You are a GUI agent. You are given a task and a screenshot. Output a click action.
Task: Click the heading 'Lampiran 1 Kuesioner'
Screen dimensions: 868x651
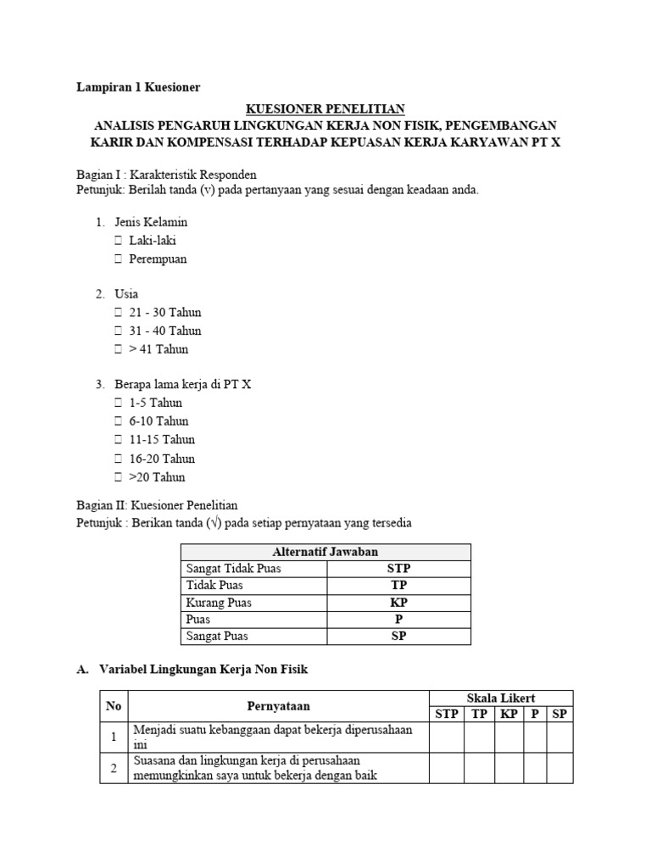pyautogui.click(x=138, y=86)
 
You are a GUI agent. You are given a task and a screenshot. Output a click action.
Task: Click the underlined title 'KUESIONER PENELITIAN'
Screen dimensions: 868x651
pyautogui.click(x=325, y=108)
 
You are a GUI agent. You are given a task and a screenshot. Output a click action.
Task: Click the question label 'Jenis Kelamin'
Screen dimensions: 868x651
pyautogui.click(x=151, y=222)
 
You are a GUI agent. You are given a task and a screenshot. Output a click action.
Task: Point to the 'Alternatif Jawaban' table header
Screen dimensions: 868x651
pyautogui.click(x=325, y=552)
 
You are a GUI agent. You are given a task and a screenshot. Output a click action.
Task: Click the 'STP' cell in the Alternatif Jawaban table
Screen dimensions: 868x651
pyautogui.click(x=398, y=569)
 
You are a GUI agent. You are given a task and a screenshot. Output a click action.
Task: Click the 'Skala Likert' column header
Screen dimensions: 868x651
pyautogui.click(x=500, y=698)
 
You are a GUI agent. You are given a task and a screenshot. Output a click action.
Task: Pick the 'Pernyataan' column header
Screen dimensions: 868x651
pyautogui.click(x=278, y=705)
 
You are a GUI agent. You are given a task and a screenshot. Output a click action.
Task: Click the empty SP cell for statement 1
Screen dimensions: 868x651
pyautogui.click(x=559, y=737)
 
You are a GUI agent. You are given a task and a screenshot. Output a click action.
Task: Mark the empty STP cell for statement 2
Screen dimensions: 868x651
pyautogui.click(x=446, y=768)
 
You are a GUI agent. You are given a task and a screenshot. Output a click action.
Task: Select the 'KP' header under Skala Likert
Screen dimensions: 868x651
pyautogui.click(x=509, y=714)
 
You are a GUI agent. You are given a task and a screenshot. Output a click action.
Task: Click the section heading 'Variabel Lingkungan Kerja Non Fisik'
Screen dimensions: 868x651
pyautogui.click(x=203, y=670)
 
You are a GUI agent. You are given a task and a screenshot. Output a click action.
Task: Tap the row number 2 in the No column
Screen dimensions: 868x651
pyautogui.click(x=114, y=768)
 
